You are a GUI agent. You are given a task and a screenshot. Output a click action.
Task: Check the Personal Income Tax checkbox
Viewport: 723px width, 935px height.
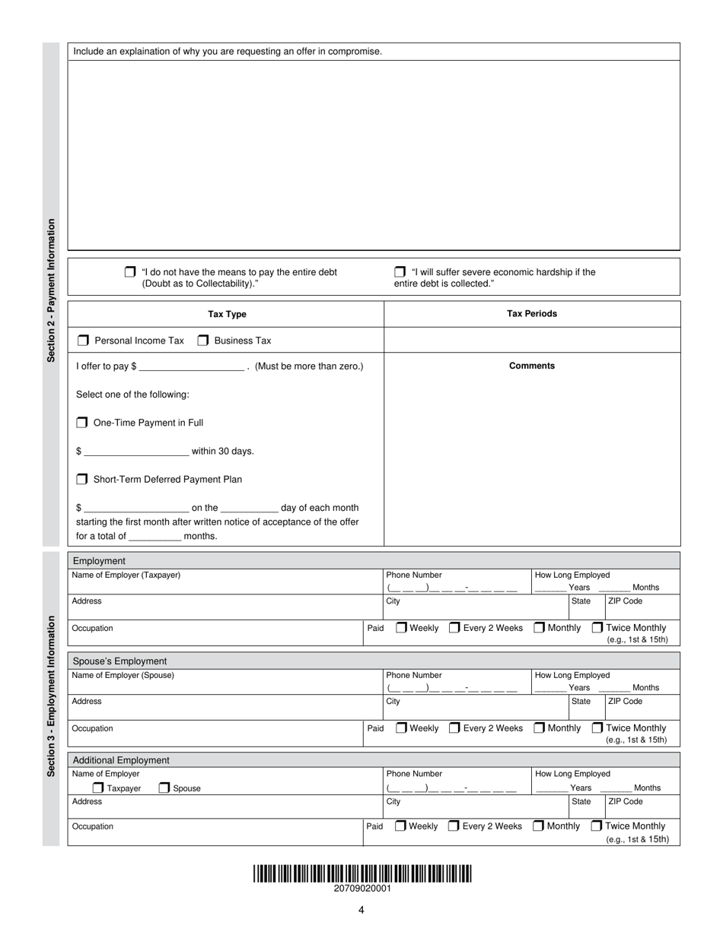point(83,341)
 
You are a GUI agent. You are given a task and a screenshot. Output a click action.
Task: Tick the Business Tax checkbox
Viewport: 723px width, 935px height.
point(203,341)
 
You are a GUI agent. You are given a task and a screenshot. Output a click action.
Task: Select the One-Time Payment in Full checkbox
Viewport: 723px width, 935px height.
point(82,423)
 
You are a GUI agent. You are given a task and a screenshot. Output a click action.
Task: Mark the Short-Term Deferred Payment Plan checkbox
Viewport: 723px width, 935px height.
point(82,480)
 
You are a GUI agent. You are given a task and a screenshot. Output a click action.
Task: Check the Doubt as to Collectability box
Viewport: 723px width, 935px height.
point(130,272)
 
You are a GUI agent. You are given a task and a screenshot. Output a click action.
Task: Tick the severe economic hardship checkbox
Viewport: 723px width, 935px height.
point(400,272)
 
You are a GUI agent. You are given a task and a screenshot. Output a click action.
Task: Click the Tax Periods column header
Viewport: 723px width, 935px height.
point(531,314)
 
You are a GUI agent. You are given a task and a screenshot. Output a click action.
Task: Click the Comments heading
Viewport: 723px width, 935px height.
point(531,366)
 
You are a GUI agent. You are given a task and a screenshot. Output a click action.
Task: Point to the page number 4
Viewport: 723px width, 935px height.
point(361,910)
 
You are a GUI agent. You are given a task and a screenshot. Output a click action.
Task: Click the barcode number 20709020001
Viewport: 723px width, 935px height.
point(362,889)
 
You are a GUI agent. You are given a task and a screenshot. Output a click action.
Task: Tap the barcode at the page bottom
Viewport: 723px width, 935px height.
point(362,873)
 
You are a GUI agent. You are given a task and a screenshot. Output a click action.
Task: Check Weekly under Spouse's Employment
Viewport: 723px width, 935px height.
point(401,728)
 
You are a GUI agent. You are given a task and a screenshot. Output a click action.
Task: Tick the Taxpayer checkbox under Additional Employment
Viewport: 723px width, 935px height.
point(98,788)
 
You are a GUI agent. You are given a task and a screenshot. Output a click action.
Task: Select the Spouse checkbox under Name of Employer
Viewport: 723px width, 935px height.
point(164,788)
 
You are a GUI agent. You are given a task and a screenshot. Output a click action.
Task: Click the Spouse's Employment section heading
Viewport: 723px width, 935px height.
point(119,661)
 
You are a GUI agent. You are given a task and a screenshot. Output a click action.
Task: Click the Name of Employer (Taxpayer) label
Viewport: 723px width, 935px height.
point(126,575)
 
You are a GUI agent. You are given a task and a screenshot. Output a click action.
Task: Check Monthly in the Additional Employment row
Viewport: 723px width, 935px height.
point(538,826)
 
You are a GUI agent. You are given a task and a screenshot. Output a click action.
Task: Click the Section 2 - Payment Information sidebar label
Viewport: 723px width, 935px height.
point(51,290)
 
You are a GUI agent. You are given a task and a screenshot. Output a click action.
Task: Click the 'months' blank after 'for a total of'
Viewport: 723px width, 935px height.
point(154,536)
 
